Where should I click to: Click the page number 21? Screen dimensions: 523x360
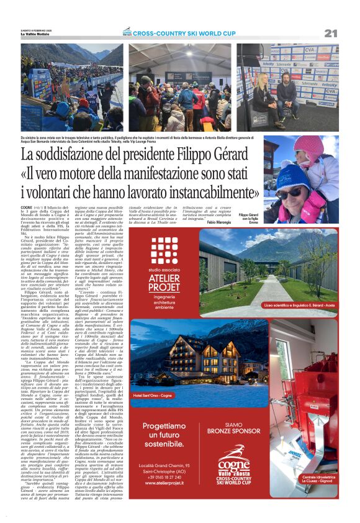pos(330,33)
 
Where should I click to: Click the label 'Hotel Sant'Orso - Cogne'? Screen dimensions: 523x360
pos(156,395)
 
